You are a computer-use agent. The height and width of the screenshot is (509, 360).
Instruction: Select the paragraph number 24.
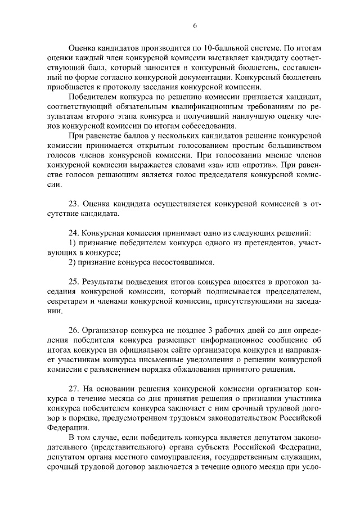[x=74, y=233]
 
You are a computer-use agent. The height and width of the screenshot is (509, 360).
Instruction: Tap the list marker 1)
[x=73, y=243]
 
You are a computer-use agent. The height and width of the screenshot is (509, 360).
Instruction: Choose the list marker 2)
[x=73, y=263]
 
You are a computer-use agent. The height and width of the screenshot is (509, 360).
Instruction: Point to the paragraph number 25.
[x=74, y=282]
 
